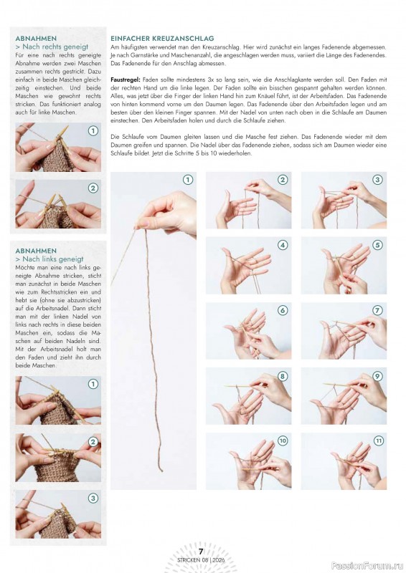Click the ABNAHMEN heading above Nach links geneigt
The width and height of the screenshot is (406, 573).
click(35, 251)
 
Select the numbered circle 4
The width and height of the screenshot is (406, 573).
click(283, 245)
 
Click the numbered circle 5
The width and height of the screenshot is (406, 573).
click(377, 245)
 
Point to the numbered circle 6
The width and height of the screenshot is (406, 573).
click(283, 310)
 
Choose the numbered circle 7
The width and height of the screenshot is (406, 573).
click(377, 310)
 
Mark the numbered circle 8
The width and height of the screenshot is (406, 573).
click(283, 376)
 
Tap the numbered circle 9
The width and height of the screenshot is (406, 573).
click(377, 376)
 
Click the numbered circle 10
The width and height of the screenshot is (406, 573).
click(283, 440)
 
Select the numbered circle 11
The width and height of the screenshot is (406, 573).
click(377, 440)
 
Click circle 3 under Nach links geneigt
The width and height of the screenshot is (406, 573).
click(93, 498)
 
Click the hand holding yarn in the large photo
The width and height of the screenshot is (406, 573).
click(169, 212)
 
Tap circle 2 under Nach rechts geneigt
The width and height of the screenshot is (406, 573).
click(93, 188)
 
